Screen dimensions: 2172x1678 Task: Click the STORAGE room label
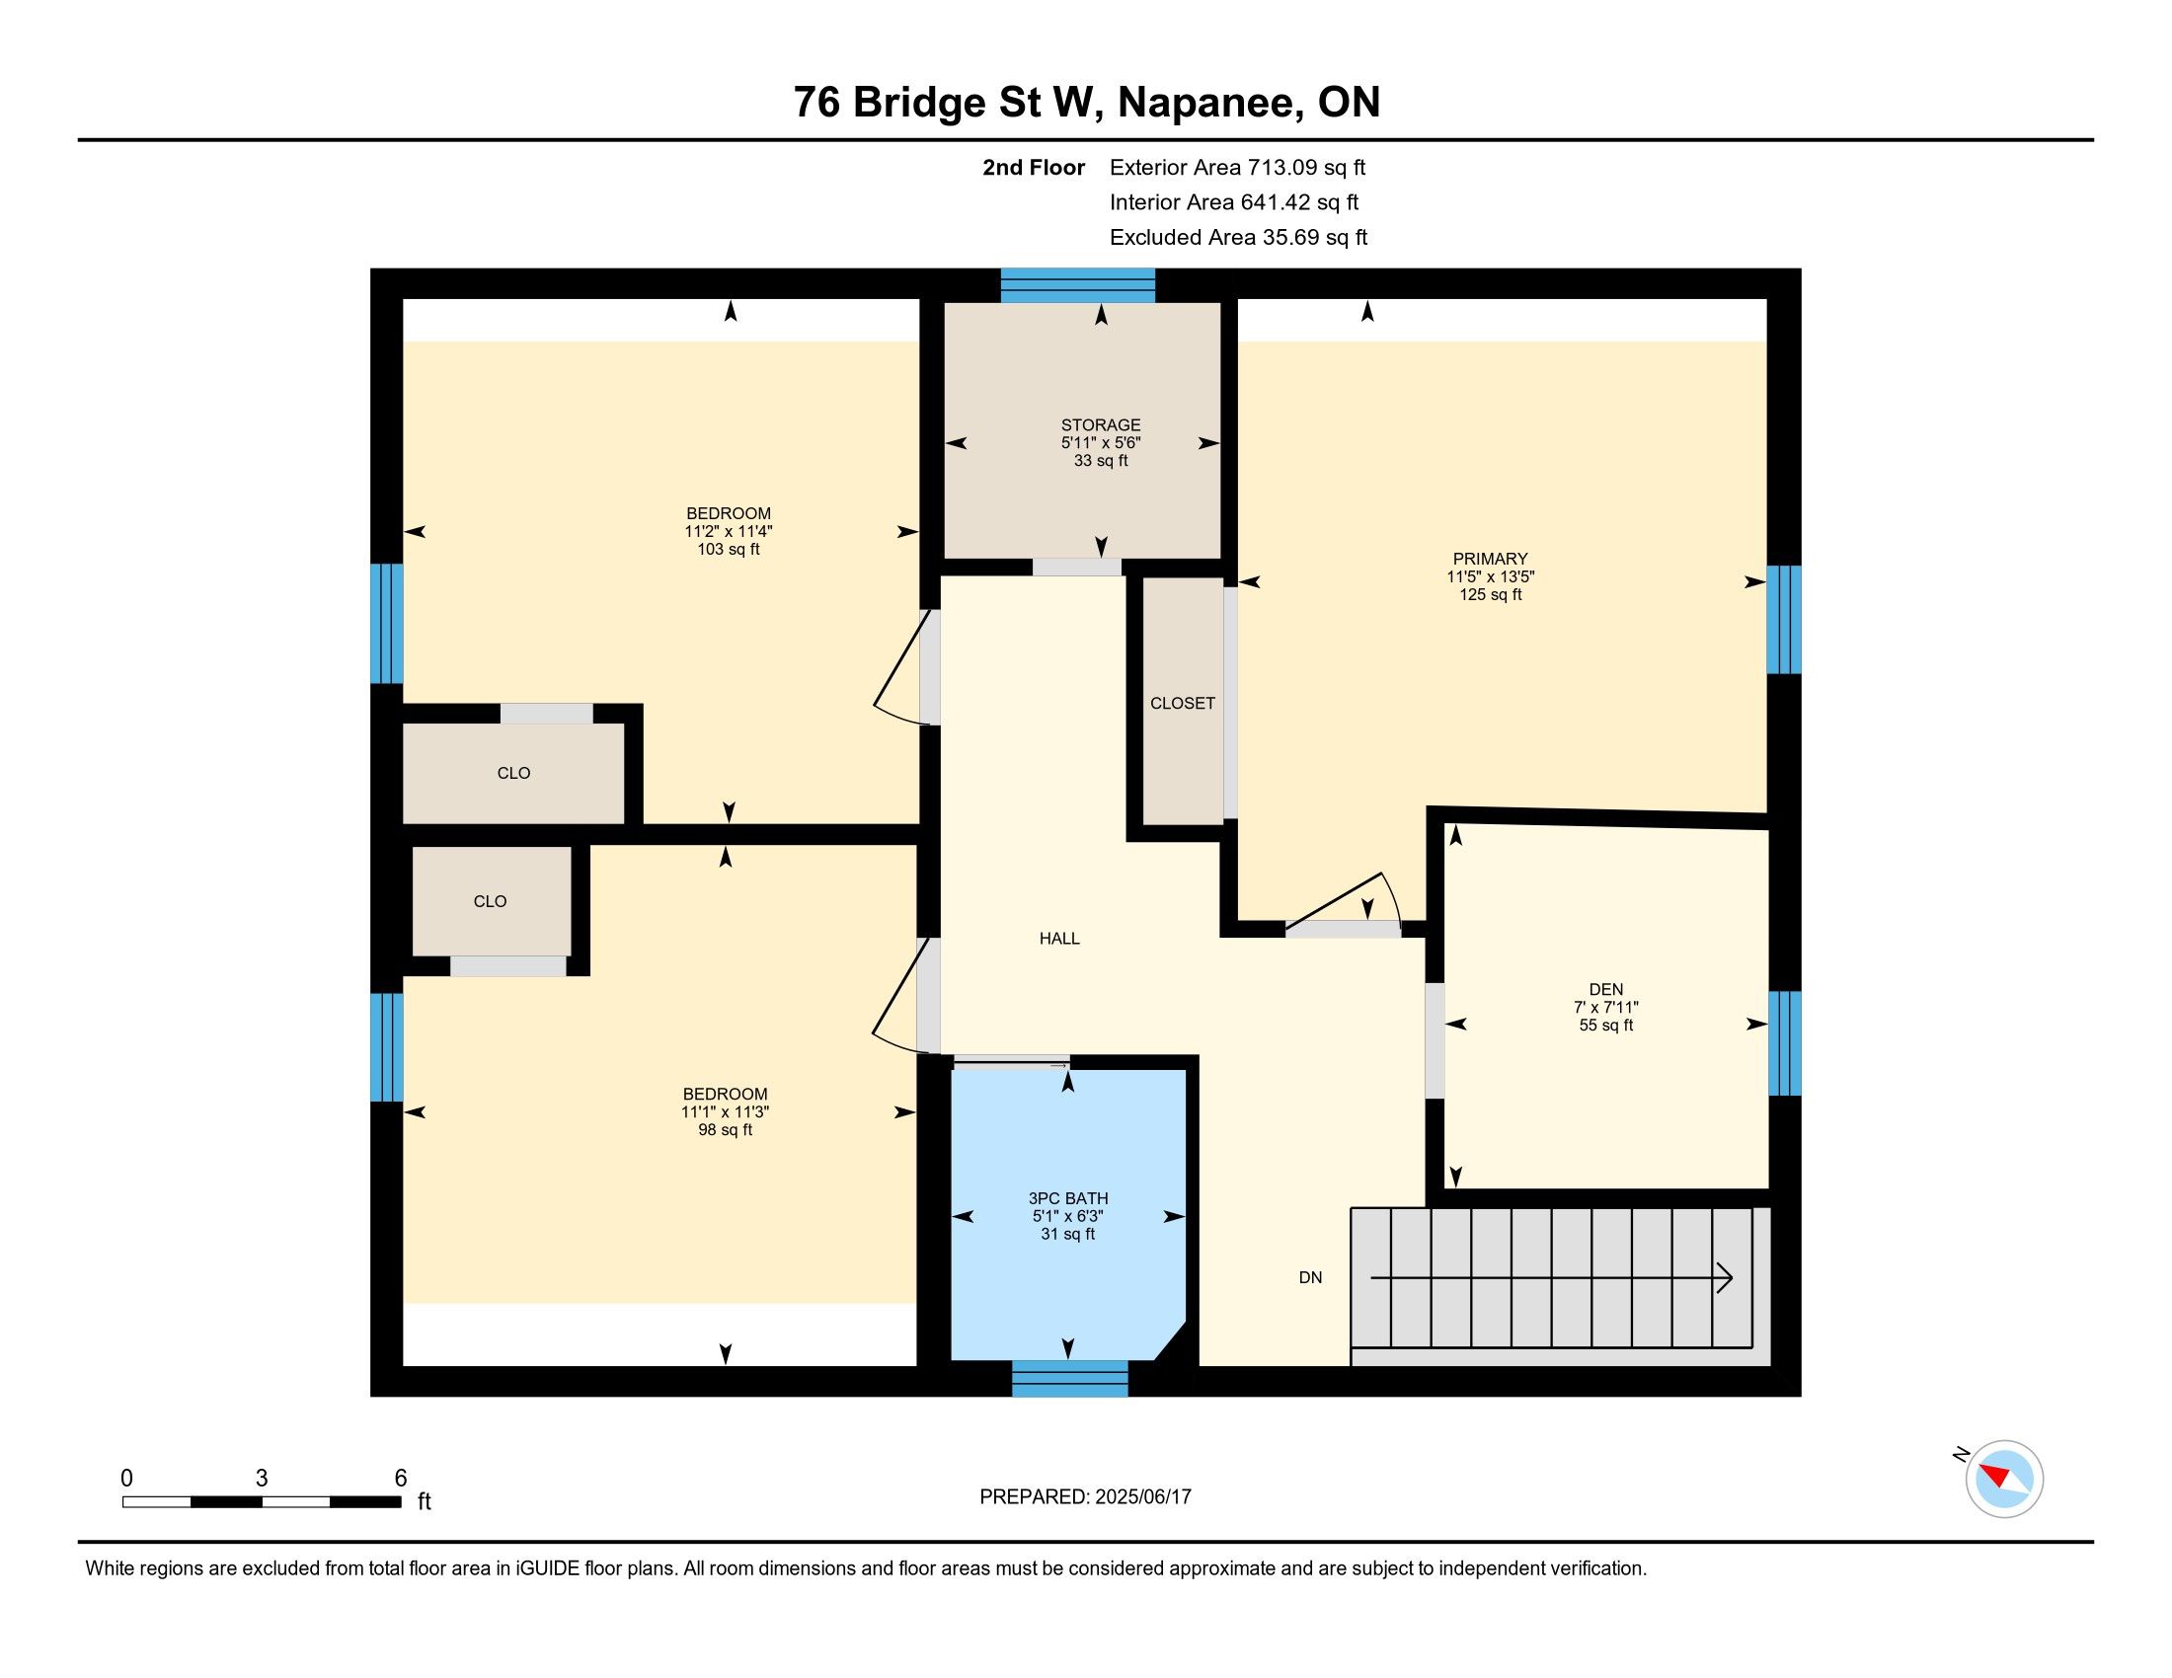[1100, 425]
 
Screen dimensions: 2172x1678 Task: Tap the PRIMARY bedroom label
[1490, 559]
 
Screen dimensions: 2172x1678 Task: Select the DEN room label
[1606, 989]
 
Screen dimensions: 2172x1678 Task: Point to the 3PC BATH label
[1068, 1199]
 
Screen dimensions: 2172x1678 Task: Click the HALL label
[1059, 939]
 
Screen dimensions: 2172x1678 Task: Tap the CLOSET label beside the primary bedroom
[1183, 703]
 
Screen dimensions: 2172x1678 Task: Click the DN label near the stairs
[1311, 1277]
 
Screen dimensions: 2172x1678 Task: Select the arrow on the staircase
[1551, 1277]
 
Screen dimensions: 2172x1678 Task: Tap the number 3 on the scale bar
[262, 1479]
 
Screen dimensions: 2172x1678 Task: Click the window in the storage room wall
[1077, 285]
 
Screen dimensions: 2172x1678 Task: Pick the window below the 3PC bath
[1070, 1379]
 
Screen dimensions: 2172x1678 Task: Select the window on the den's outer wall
[1784, 1042]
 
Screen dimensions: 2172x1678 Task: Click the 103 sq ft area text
[728, 550]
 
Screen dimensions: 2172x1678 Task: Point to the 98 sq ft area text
[725, 1130]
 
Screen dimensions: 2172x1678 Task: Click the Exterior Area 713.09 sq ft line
[1237, 168]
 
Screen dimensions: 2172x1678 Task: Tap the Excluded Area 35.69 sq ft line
[1238, 238]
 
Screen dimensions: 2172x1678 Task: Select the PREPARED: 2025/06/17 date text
[1085, 1497]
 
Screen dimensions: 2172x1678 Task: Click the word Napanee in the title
[1209, 103]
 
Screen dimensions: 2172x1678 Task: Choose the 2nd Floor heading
[1034, 168]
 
